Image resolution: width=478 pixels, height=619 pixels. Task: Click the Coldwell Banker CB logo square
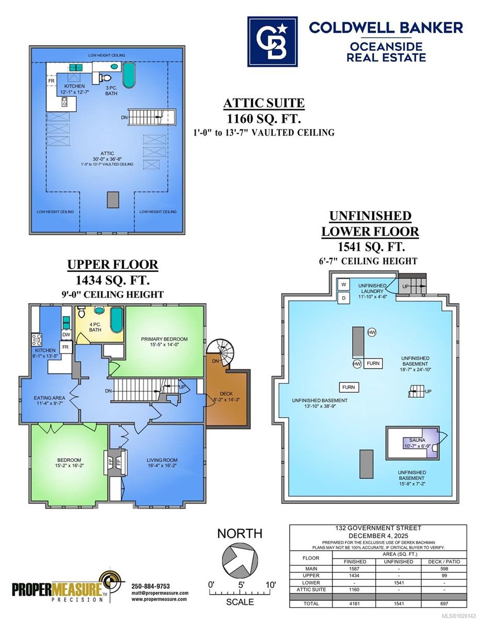coord(272,42)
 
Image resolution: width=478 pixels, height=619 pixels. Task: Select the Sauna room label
coord(417,440)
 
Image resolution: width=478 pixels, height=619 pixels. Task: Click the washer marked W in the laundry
coord(343,284)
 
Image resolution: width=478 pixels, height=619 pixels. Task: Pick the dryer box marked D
coord(343,298)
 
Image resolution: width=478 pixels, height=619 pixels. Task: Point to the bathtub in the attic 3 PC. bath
coord(129,75)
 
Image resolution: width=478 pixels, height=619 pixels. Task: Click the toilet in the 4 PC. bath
coord(81,312)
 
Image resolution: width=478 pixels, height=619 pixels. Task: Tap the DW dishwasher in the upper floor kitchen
coord(67,335)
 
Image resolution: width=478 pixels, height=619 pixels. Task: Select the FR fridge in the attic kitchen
coord(51,81)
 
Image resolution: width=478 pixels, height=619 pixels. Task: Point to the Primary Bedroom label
coord(164,339)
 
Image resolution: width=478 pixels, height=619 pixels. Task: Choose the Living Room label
coord(162,460)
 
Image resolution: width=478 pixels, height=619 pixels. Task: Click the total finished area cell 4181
coord(354,604)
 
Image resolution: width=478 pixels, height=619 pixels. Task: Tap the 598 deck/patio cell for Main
coord(444,568)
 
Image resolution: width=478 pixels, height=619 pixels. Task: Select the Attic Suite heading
coord(264,103)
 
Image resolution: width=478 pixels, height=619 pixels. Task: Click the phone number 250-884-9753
coord(151,586)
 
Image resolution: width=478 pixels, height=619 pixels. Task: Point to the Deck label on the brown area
coord(226,394)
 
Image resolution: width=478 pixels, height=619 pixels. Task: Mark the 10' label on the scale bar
coord(271,585)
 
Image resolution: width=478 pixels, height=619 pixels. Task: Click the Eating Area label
coord(50,398)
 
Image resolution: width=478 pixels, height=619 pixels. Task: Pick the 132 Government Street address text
coord(378,528)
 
